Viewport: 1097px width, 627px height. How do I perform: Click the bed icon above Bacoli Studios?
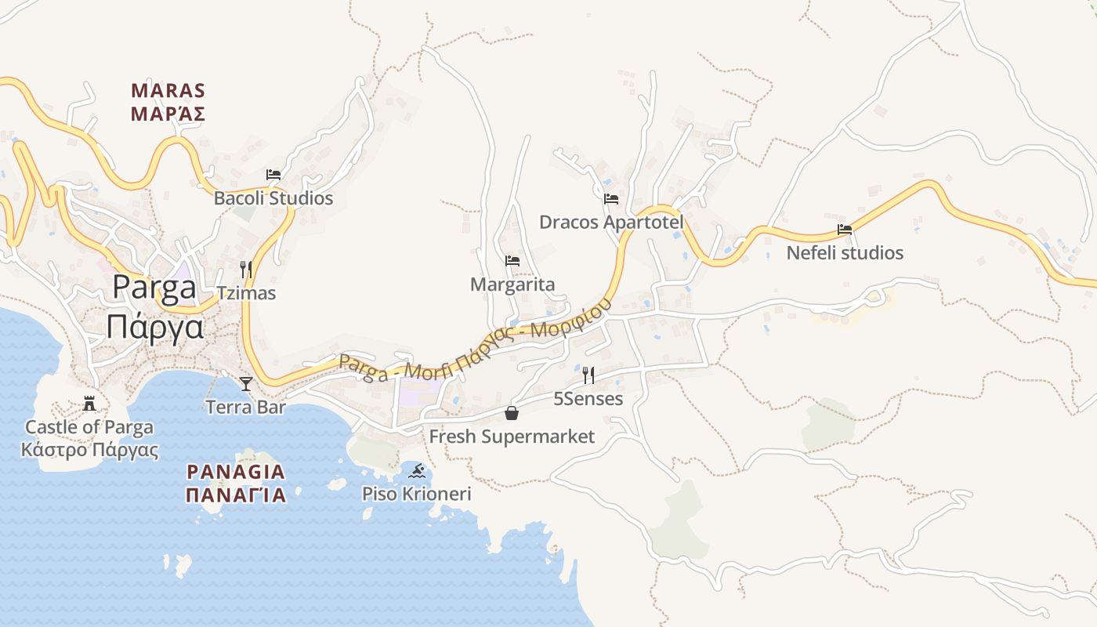pyautogui.click(x=273, y=174)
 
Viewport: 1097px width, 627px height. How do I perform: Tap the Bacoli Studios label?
pyautogui.click(x=273, y=198)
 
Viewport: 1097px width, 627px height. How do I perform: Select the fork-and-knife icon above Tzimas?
pyautogui.click(x=246, y=270)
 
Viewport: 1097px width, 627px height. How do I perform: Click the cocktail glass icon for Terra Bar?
pyautogui.click(x=246, y=383)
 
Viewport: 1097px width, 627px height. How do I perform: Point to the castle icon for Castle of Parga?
pyautogui.click(x=89, y=404)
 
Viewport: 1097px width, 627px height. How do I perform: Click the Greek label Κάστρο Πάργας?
pyautogui.click(x=89, y=450)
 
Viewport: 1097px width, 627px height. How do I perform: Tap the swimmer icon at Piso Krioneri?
pyautogui.click(x=417, y=470)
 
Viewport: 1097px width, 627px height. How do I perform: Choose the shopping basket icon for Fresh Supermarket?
pyautogui.click(x=512, y=413)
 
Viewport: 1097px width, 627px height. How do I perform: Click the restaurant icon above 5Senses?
pyautogui.click(x=588, y=375)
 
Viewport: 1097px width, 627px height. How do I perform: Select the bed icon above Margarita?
pyautogui.click(x=512, y=260)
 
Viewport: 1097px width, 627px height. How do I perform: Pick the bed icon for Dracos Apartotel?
pyautogui.click(x=611, y=198)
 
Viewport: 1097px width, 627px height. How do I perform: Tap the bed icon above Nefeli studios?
pyautogui.click(x=845, y=230)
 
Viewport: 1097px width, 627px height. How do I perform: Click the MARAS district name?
pyautogui.click(x=168, y=91)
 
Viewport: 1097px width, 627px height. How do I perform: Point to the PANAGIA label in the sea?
pyautogui.click(x=236, y=472)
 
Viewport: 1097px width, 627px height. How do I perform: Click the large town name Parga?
pyautogui.click(x=154, y=288)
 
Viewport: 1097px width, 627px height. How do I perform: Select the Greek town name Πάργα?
pyautogui.click(x=154, y=326)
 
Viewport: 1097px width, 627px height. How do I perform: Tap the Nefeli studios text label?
pyautogui.click(x=845, y=253)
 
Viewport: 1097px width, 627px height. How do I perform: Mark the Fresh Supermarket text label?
pyautogui.click(x=512, y=437)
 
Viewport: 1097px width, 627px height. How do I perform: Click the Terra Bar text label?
pyautogui.click(x=245, y=407)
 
